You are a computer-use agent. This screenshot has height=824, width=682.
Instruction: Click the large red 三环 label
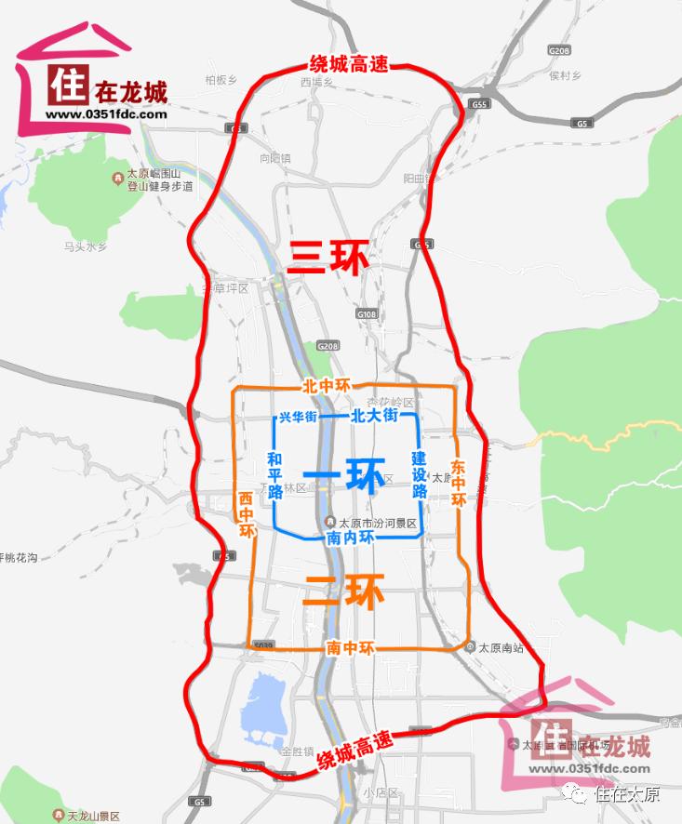327,256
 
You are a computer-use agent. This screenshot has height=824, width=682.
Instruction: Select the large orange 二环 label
342,591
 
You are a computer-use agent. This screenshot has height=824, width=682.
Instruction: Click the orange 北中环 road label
326,385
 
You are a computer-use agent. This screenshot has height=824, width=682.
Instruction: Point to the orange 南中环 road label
350,648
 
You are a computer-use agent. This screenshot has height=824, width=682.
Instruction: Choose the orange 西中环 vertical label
246,514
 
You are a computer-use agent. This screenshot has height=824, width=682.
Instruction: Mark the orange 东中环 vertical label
457,482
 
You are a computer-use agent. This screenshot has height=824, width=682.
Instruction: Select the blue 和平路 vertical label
274,475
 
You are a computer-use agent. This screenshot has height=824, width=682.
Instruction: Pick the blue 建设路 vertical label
419,474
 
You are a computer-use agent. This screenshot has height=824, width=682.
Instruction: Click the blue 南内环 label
349,538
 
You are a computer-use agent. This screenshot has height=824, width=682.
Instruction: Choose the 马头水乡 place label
86,246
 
